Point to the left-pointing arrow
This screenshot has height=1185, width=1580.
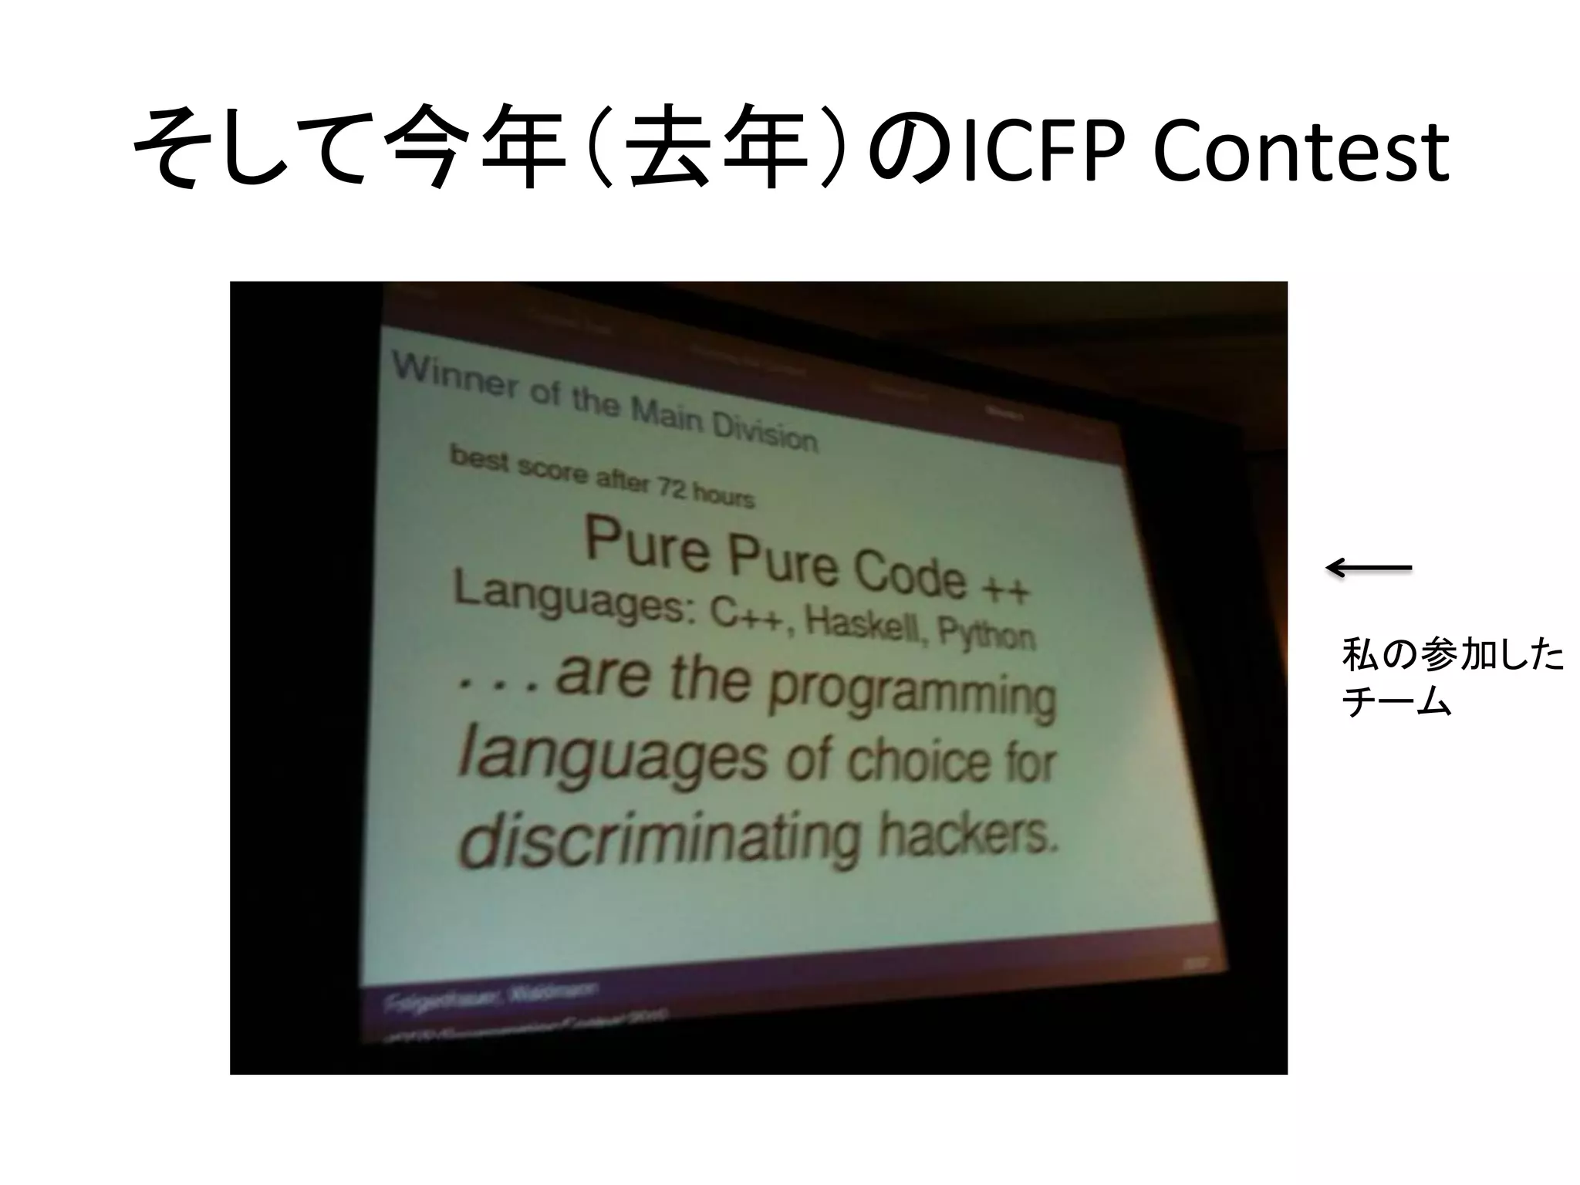pyautogui.click(x=1369, y=569)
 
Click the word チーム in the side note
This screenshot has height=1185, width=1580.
pyautogui.click(x=1396, y=703)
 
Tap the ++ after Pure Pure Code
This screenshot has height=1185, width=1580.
pyautogui.click(x=1004, y=589)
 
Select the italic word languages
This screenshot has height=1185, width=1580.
pyautogui.click(x=613, y=758)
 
